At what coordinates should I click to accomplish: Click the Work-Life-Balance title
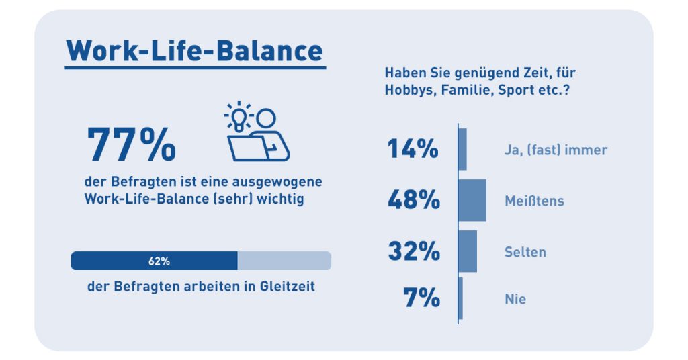[x=195, y=50]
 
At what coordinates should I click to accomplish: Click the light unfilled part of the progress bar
[x=284, y=261]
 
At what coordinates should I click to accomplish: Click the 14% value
[x=413, y=149]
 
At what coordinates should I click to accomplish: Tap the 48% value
[x=413, y=200]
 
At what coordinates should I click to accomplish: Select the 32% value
[x=413, y=252]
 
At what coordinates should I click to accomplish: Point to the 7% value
[x=421, y=298]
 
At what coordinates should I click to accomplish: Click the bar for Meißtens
[x=472, y=200]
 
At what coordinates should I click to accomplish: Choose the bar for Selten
[x=468, y=251]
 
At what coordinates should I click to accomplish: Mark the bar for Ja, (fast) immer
[x=462, y=149]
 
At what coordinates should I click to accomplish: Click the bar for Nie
[x=460, y=298]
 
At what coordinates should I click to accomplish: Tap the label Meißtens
[x=534, y=201]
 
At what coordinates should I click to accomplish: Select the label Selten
[x=525, y=253]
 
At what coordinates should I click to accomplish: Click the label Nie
[x=515, y=299]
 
